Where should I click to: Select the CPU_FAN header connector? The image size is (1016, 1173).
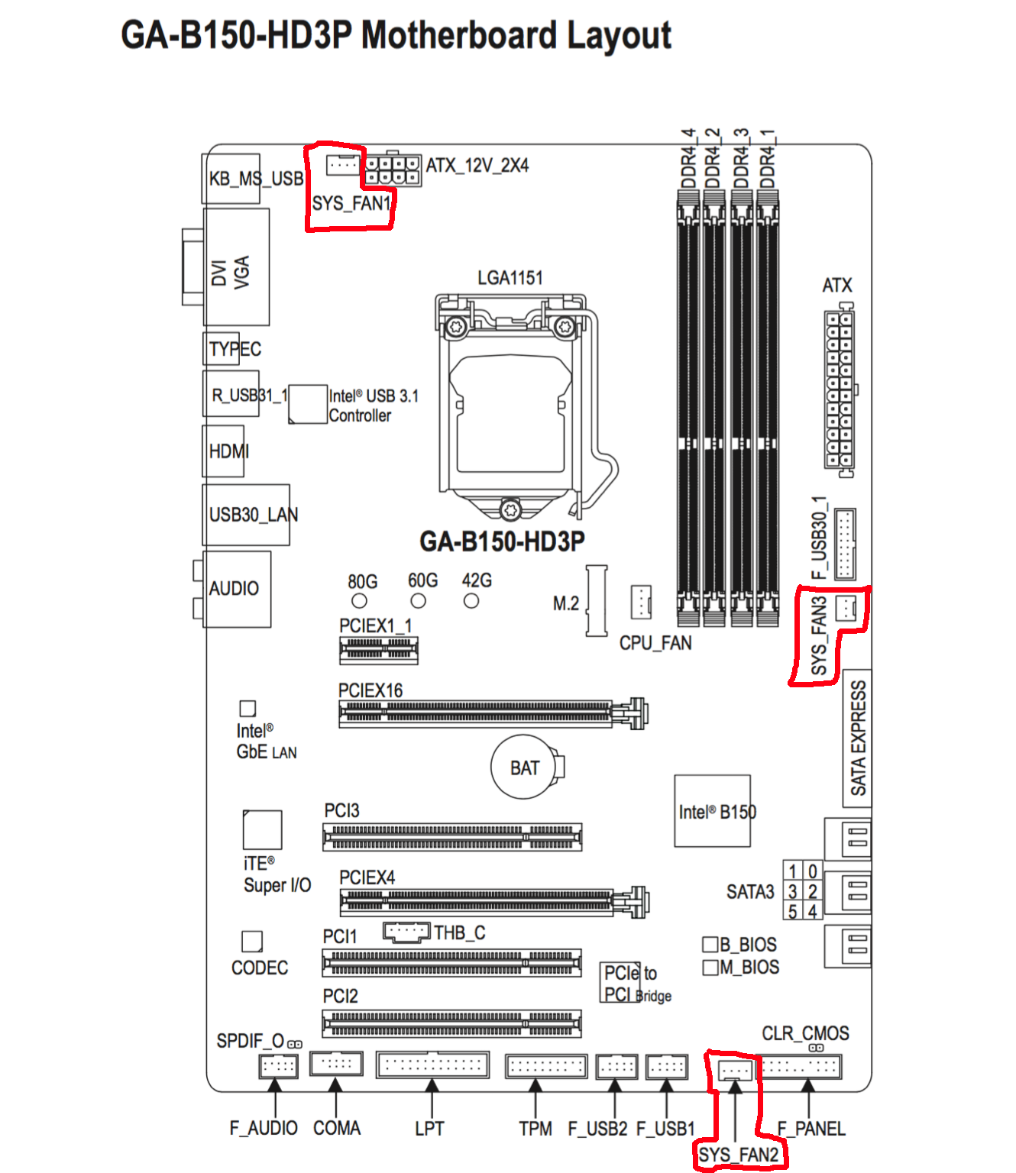coord(640,602)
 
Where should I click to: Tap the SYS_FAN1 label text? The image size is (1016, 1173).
coord(351,203)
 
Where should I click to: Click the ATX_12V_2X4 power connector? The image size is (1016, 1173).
coord(392,170)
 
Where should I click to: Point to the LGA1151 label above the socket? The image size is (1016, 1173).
coord(510,278)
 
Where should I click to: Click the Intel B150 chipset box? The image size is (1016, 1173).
coord(712,811)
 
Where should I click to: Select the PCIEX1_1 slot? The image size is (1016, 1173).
coord(379,651)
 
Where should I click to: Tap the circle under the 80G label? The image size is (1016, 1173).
coord(359,600)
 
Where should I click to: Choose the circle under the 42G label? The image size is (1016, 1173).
coord(471,600)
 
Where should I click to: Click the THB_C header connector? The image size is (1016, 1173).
coord(406,932)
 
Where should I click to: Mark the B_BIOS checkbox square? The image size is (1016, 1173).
coord(710,945)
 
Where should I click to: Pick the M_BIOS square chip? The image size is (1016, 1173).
coord(710,968)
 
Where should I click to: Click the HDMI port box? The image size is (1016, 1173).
coord(223,451)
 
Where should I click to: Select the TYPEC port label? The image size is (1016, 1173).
coord(235,349)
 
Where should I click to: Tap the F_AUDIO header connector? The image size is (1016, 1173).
coord(278,1066)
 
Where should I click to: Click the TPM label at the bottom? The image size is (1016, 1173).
coord(536,1129)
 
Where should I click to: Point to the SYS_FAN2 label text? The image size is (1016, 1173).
coord(738,1155)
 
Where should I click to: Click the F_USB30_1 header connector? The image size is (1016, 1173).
coord(845,544)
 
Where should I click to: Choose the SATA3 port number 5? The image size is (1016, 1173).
coord(792,911)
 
